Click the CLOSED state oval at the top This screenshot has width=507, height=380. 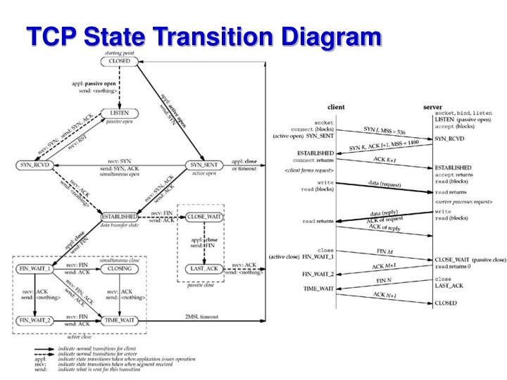[x=117, y=62]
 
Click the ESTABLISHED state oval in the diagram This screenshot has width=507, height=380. [x=121, y=217]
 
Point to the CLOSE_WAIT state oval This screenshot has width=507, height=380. [x=205, y=217]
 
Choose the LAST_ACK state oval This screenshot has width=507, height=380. [x=205, y=269]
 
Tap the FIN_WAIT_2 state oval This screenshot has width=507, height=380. [x=35, y=320]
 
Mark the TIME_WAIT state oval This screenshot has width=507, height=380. [x=120, y=320]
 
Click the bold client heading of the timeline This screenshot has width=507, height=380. [x=337, y=107]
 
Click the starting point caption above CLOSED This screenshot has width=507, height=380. [x=116, y=52]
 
